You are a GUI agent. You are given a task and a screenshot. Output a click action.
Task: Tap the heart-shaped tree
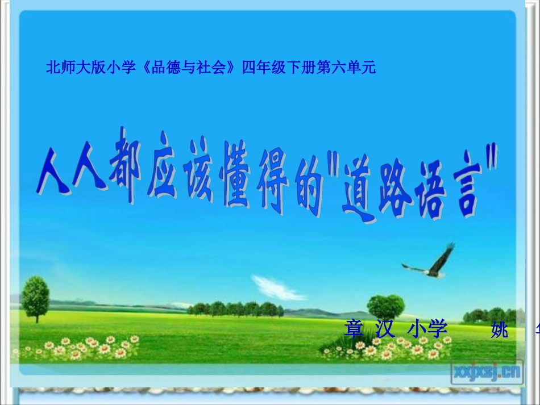(386, 307)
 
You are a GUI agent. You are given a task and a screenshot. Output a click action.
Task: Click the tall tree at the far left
(35, 297)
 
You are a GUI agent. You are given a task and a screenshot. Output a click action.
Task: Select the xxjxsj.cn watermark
(487, 371)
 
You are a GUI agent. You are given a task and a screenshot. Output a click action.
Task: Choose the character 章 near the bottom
(354, 329)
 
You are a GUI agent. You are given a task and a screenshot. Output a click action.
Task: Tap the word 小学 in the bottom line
(427, 329)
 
